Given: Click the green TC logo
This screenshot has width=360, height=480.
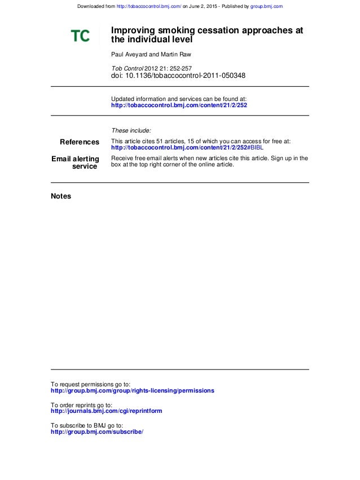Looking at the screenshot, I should [80, 36].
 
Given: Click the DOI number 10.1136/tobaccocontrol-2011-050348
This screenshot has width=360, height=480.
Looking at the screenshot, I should [185, 76].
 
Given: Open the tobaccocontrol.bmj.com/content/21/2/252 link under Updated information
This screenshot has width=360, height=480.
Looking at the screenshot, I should [179, 105].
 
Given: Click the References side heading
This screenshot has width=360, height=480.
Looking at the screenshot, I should [80, 142].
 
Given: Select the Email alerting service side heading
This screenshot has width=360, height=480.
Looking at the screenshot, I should [76, 162].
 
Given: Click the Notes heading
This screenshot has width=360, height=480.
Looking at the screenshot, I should [61, 196].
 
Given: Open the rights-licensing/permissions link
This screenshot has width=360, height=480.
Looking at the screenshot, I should [133, 390].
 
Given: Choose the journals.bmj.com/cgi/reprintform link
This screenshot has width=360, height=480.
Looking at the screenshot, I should [107, 411].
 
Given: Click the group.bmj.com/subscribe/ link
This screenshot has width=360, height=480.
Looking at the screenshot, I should [97, 431].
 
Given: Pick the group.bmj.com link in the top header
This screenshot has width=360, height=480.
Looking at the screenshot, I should [266, 6].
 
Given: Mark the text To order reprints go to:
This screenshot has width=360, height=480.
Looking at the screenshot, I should [81, 405].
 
